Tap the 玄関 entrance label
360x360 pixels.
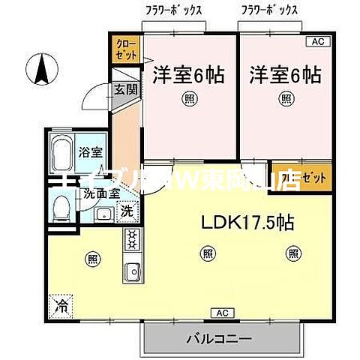coord(125,88)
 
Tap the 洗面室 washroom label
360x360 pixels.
coord(100,193)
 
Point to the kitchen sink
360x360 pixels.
coord(132,271)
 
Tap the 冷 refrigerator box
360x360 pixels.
coord(60,305)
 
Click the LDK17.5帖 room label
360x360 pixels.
coord(245,222)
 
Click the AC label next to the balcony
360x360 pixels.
coord(222,311)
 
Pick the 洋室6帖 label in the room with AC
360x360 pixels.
coord(285,75)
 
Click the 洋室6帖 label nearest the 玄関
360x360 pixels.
coord(188,75)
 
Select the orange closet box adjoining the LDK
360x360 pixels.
coord(290,178)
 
